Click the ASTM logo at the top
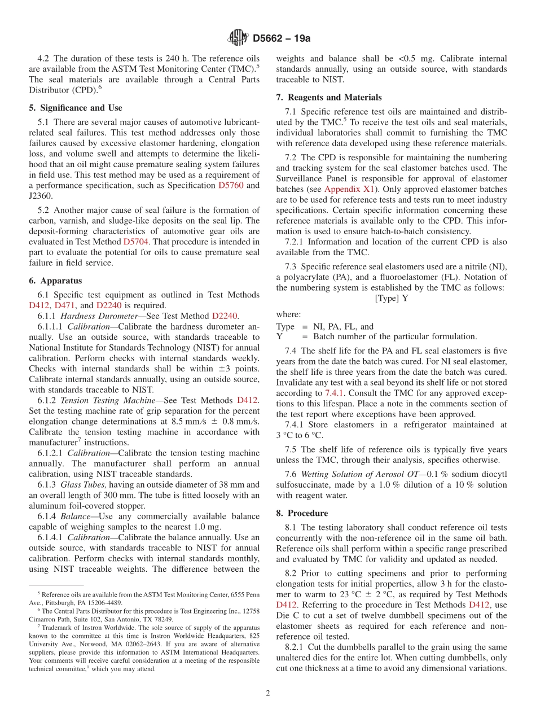point(238,38)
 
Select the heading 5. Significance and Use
point(75,108)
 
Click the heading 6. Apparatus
point(55,281)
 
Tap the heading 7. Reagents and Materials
point(328,98)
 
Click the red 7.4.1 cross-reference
point(335,393)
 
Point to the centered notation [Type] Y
point(392,298)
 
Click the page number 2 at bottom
point(268,694)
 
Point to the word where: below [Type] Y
point(288,314)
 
